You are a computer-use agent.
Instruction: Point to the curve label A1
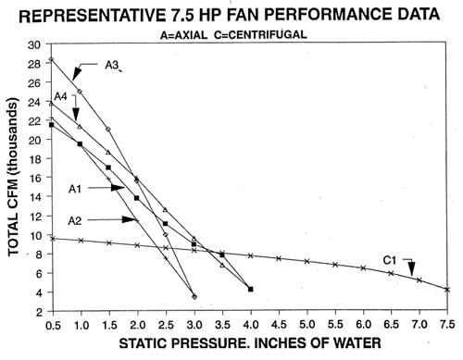pyautogui.click(x=79, y=189)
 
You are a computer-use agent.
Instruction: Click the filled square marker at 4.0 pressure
pyautogui.click(x=251, y=290)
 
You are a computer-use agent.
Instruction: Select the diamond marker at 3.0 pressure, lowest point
pyautogui.click(x=194, y=296)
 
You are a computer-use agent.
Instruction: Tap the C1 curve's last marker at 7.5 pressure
pyautogui.click(x=447, y=290)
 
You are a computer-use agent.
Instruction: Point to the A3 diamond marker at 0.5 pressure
pyautogui.click(x=52, y=59)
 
